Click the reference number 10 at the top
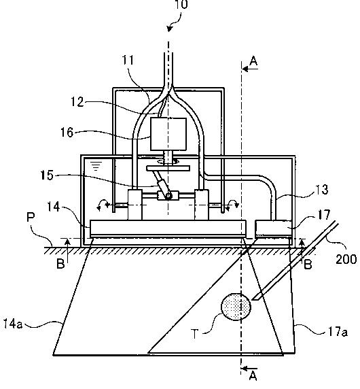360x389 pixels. click(x=181, y=5)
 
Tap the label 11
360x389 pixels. click(x=128, y=60)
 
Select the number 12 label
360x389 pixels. click(x=77, y=102)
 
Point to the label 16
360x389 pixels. click(x=67, y=133)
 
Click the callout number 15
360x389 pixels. click(x=47, y=175)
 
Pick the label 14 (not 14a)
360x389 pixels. click(x=54, y=207)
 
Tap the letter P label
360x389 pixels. click(x=31, y=218)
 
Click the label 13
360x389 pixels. click(x=321, y=190)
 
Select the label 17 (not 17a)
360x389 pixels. click(x=324, y=214)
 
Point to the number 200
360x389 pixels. click(x=346, y=259)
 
